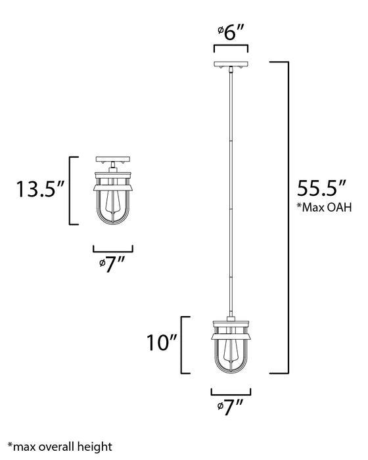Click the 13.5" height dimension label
tap(39, 191)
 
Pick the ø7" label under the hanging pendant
tap(230, 409)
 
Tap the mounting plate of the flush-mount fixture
tap(113, 159)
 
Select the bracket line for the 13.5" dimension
tap(71, 191)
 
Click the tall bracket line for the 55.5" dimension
tap(288, 217)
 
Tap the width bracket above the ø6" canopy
tap(230, 47)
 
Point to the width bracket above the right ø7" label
tap(230, 392)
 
